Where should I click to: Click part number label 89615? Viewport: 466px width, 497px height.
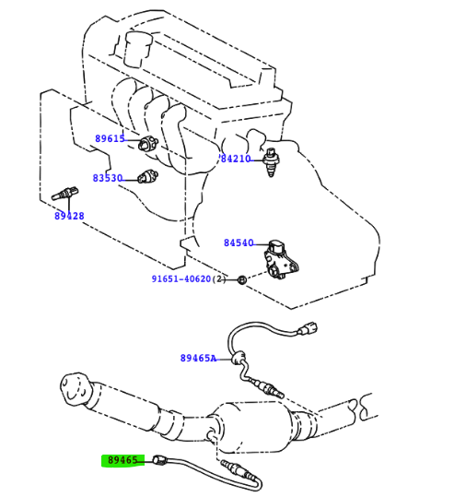pos(110,138)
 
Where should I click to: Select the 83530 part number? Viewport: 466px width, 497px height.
pos(108,178)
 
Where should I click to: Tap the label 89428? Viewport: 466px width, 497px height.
pos(69,216)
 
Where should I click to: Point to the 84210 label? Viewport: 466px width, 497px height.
pos(236,159)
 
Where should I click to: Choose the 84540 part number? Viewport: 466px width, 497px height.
pos(239,243)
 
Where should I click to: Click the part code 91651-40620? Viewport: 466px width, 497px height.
pos(181,278)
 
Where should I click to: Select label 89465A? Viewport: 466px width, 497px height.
pos(199,358)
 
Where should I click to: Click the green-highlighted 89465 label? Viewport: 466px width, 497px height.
pos(122,460)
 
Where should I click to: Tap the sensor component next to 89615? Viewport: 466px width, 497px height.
pos(148,143)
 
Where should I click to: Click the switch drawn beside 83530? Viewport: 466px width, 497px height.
pos(148,176)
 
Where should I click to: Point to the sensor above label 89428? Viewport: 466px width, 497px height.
pos(64,194)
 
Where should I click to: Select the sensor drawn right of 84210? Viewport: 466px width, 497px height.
pos(271,162)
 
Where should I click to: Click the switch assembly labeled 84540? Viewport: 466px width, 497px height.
pos(281,259)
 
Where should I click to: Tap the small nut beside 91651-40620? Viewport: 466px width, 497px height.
pos(242,280)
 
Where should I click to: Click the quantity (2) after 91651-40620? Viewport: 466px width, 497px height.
pos(219,278)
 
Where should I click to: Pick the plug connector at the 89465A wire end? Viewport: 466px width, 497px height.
pos(308,329)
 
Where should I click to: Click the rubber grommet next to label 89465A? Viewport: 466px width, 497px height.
pos(239,358)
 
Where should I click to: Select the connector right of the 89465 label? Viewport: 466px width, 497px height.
pos(159,460)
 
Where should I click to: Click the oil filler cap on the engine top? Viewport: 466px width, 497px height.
pos(138,49)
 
